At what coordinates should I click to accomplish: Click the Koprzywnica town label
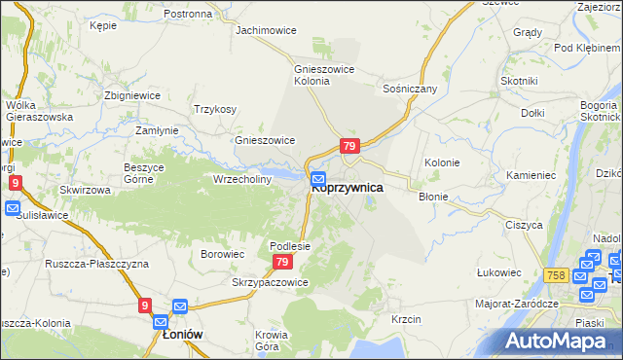pos(348,188)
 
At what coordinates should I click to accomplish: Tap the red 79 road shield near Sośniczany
pos(350,146)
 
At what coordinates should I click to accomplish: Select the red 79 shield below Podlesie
pos(282,263)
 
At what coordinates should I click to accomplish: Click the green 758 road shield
pos(557,276)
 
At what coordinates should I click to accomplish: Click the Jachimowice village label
pos(266,30)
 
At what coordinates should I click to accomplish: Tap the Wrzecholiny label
pos(242,179)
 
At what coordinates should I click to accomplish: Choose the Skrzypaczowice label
pos(270,282)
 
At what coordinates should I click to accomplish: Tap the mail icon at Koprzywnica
pos(318,179)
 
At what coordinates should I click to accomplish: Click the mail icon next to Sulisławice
pos(12,208)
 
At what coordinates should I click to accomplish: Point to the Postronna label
pos(188,15)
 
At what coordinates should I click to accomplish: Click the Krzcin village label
pos(405,319)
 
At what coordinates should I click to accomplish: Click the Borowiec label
pos(222,254)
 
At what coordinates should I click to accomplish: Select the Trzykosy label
pos(215,109)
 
